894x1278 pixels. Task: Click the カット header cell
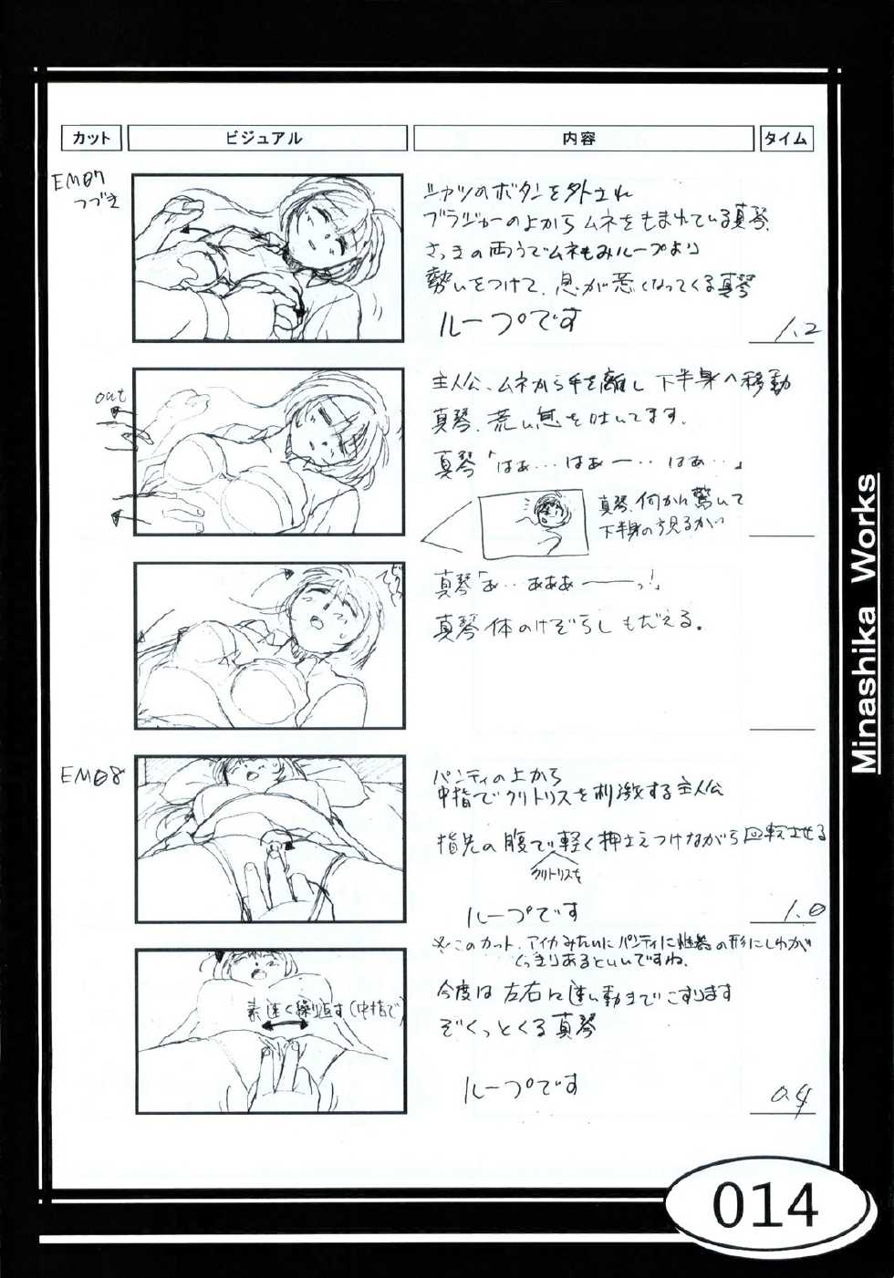[x=91, y=139]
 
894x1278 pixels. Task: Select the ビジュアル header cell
[x=266, y=139]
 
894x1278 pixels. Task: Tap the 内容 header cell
[x=582, y=139]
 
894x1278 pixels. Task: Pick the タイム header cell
[x=785, y=139]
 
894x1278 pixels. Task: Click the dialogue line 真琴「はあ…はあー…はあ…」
[x=589, y=462]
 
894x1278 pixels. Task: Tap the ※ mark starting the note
[x=439, y=942]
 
